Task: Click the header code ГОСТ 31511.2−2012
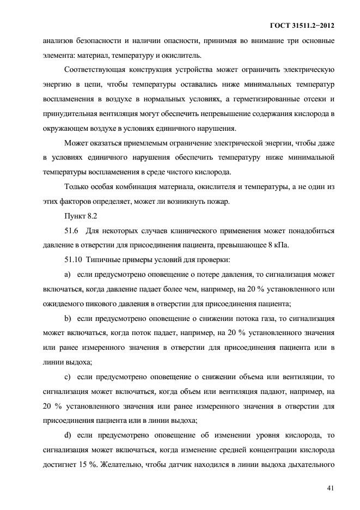(x=301, y=26)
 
